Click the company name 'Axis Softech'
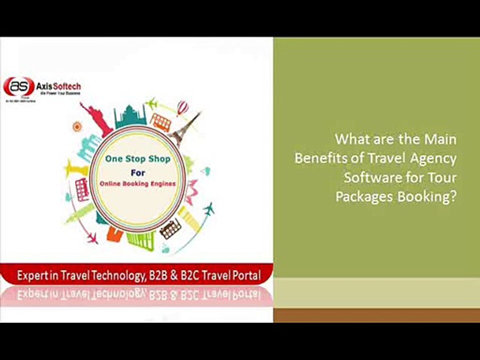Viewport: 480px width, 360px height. point(58,86)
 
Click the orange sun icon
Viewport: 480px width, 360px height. point(76,126)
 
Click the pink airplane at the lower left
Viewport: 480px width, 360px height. point(91,238)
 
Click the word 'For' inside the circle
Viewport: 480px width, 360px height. point(137,171)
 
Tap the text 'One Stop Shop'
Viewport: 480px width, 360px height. point(137,159)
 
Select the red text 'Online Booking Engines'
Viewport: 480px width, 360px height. point(137,183)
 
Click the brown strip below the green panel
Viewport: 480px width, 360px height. point(376,315)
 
